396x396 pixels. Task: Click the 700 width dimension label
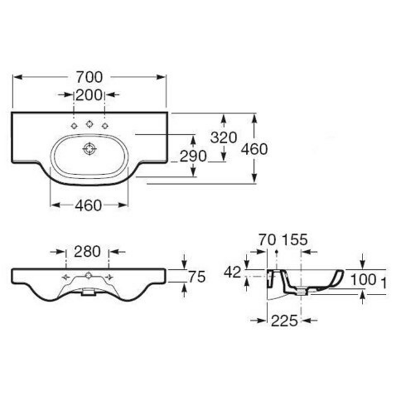click(x=89, y=77)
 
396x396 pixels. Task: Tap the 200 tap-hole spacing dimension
click(x=89, y=95)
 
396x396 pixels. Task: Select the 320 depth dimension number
click(x=224, y=137)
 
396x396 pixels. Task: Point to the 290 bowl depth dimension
click(x=193, y=156)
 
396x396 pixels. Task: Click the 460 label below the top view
click(x=89, y=205)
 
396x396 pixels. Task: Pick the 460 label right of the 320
click(x=254, y=149)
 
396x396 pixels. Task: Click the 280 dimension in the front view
click(x=87, y=252)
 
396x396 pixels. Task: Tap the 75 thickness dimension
click(x=197, y=277)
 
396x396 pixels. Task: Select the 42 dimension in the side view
click(x=233, y=272)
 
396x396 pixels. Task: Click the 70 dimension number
click(x=267, y=240)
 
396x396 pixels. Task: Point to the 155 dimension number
click(x=295, y=240)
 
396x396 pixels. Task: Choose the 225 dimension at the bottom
click(x=284, y=321)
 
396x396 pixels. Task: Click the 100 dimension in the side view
click(x=364, y=280)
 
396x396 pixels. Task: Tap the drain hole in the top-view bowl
click(x=90, y=149)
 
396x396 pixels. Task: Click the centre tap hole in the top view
click(x=89, y=124)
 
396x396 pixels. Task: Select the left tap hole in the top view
click(x=74, y=125)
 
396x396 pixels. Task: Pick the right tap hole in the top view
click(x=105, y=125)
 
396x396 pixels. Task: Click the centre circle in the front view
click(x=89, y=275)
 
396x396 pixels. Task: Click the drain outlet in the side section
click(x=301, y=292)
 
